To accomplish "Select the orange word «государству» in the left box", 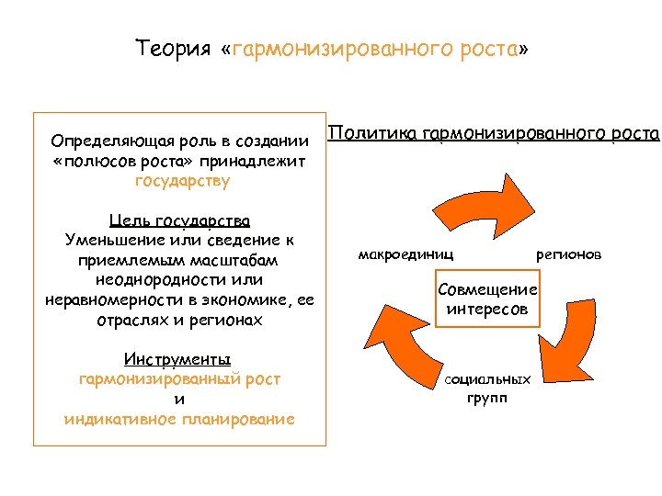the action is pyautogui.click(x=182, y=181).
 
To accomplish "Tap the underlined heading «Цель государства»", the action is pyautogui.click(x=179, y=221).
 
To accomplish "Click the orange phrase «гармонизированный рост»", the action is pyautogui.click(x=179, y=378).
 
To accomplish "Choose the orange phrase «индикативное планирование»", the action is pyautogui.click(x=179, y=419).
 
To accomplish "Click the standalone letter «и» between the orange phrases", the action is pyautogui.click(x=179, y=399).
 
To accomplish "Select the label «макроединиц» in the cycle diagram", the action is pyautogui.click(x=405, y=253).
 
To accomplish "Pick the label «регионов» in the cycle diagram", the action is pyautogui.click(x=569, y=253).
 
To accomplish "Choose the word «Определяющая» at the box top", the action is pyautogui.click(x=102, y=141).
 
